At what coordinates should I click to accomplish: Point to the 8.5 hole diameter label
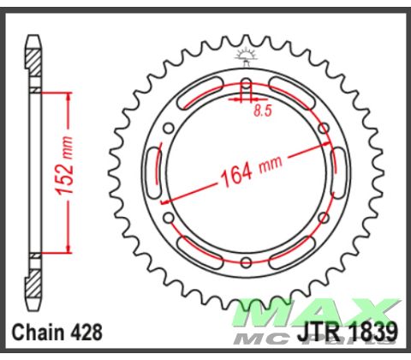[263, 111]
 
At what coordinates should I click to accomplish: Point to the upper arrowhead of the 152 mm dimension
[64, 93]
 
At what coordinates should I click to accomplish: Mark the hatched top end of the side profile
[33, 60]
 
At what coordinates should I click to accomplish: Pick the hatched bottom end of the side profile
[33, 283]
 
